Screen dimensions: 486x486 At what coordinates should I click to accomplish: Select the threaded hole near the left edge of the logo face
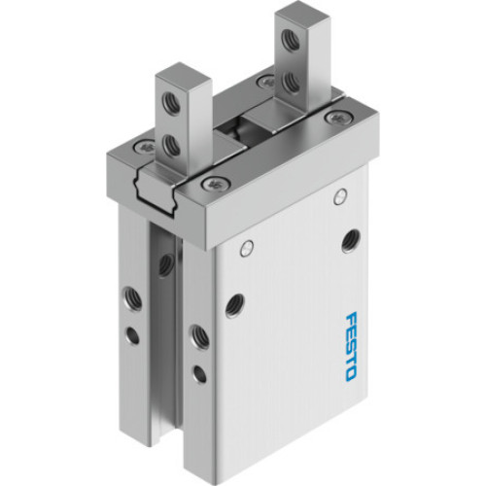(234, 305)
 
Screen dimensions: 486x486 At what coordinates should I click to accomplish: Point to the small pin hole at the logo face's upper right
(340, 198)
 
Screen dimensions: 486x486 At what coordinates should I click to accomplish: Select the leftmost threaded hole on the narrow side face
(127, 295)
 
